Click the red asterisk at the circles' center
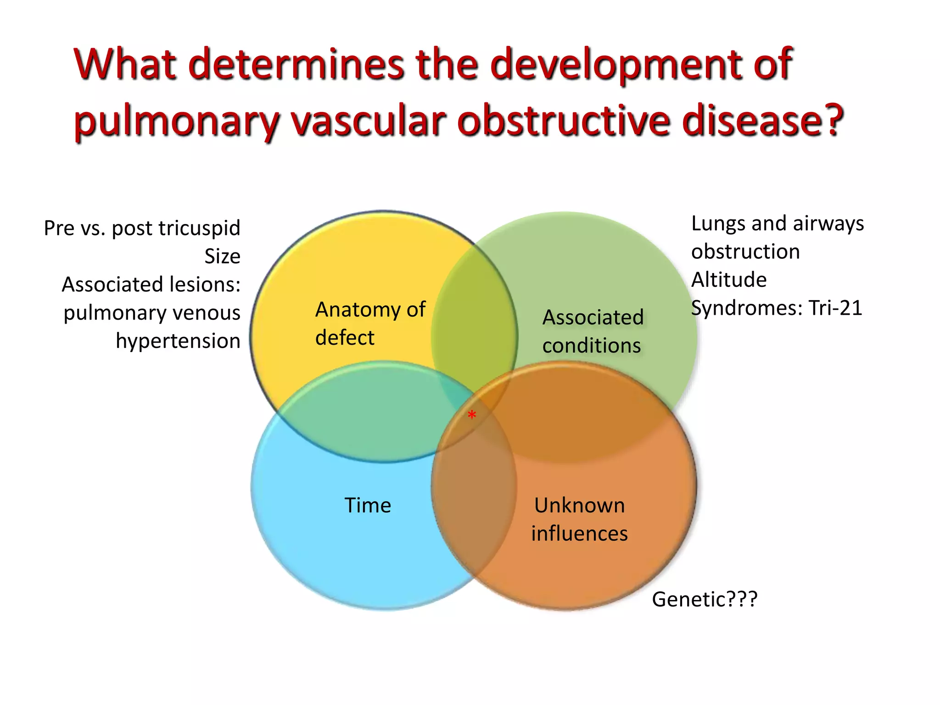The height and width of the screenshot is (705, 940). pyautogui.click(x=471, y=416)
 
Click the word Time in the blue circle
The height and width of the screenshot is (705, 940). pyautogui.click(x=368, y=505)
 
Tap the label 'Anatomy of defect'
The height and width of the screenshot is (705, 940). pyautogui.click(x=370, y=323)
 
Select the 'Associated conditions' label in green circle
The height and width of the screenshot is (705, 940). pyautogui.click(x=593, y=331)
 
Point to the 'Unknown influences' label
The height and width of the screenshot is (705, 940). pyautogui.click(x=579, y=519)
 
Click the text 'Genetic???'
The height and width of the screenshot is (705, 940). pyautogui.click(x=705, y=599)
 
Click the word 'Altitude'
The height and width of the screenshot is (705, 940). pyautogui.click(x=728, y=280)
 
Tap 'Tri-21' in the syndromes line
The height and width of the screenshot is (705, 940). pyautogui.click(x=835, y=308)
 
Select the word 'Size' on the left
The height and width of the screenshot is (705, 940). pyautogui.click(x=222, y=256)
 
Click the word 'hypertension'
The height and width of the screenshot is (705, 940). pyautogui.click(x=178, y=341)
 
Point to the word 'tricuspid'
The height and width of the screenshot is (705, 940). pyautogui.click(x=202, y=228)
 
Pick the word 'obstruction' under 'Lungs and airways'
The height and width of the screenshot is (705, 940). pyautogui.click(x=745, y=252)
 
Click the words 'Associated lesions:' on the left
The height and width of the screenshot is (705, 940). pyautogui.click(x=151, y=285)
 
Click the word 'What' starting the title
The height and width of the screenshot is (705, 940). pyautogui.click(x=125, y=64)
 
